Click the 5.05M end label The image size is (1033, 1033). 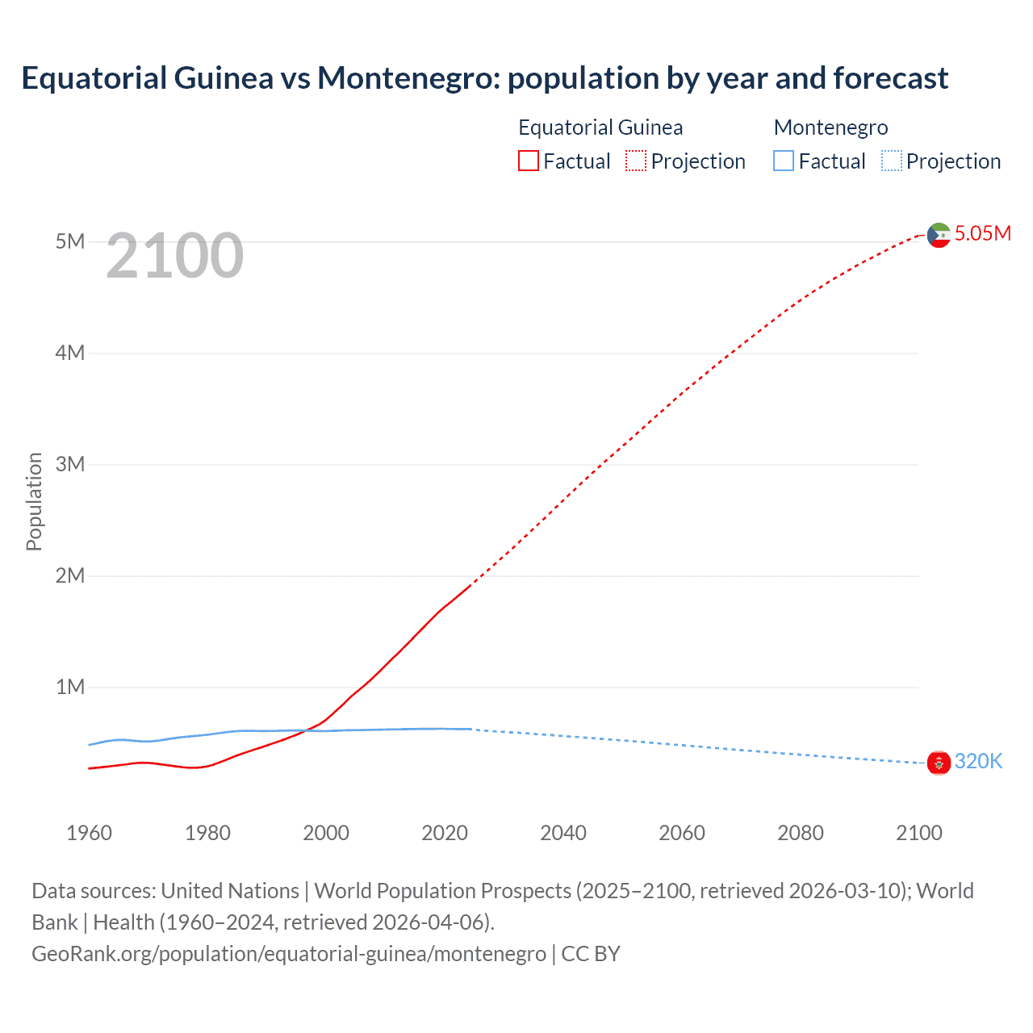[982, 233]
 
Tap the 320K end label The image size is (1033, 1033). [978, 761]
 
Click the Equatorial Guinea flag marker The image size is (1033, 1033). [939, 235]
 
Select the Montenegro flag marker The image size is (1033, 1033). [939, 762]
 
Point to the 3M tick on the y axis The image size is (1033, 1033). [69, 464]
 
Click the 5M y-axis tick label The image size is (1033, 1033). [69, 241]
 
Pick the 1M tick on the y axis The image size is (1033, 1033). [69, 687]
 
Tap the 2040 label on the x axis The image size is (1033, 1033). [563, 833]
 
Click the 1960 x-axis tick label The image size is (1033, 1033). [89, 833]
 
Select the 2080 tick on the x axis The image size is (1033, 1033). [801, 833]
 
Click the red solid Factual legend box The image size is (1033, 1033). [529, 161]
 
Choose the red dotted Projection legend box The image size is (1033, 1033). [636, 161]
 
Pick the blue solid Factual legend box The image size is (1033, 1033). [784, 161]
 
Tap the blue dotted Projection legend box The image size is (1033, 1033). [892, 161]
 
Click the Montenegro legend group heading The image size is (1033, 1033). [830, 128]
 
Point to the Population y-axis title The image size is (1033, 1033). [34, 501]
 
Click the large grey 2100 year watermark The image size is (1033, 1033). [174, 256]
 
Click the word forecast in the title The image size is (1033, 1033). [890, 78]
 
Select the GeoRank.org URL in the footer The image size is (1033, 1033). [289, 954]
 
